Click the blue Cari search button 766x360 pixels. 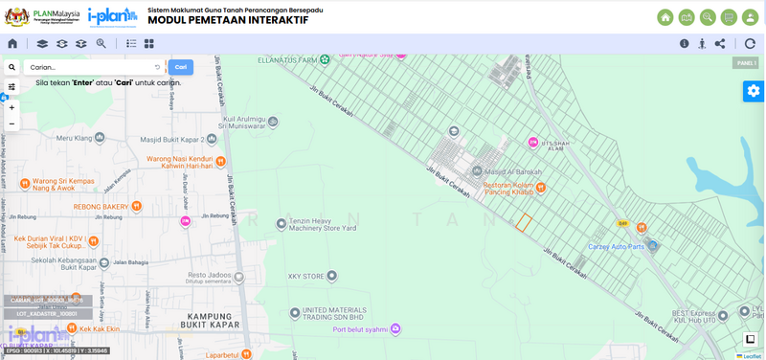click(x=180, y=67)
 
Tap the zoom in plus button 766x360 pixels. click(x=11, y=107)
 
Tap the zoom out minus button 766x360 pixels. click(x=11, y=124)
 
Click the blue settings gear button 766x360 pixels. click(x=754, y=91)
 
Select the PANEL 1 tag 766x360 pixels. click(x=745, y=63)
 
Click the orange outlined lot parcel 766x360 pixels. click(x=524, y=222)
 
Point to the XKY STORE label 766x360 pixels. click(x=307, y=276)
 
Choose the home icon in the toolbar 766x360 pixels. click(x=12, y=43)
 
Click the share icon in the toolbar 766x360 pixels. click(x=720, y=43)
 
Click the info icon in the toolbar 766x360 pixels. click(x=685, y=43)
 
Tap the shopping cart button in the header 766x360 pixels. click(x=729, y=17)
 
